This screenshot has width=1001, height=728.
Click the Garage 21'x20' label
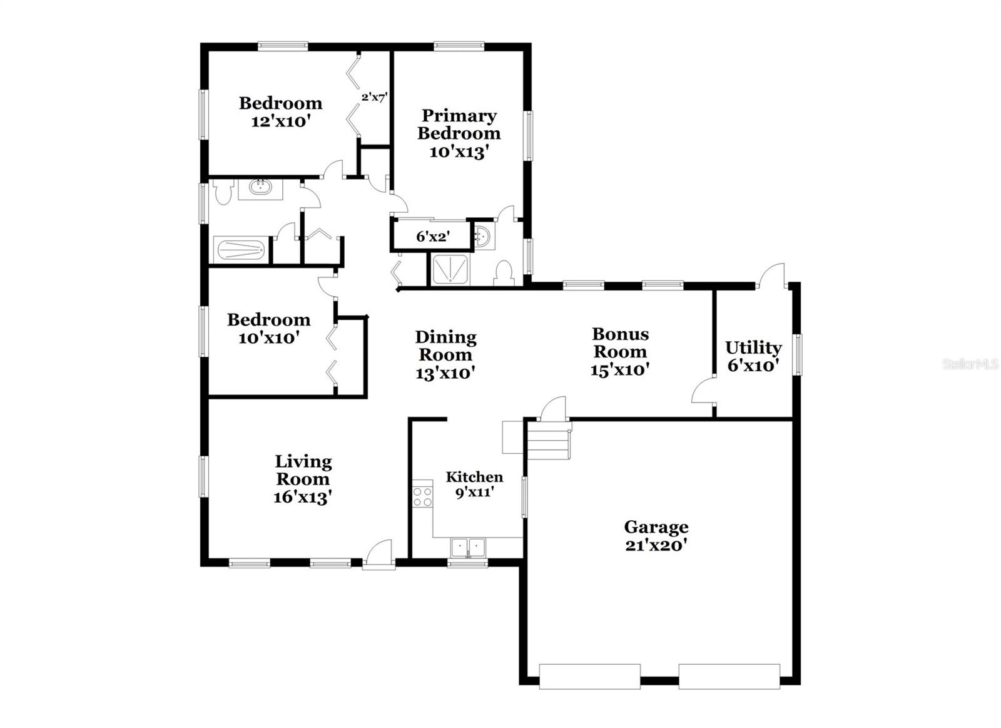656,536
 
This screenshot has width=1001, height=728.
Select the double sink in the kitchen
468,547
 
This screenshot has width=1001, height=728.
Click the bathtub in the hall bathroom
240,250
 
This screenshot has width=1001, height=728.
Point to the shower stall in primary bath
450,270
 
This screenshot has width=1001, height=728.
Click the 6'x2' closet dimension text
433,237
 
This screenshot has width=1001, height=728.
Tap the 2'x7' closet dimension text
374,97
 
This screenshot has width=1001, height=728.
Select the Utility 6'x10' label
753,356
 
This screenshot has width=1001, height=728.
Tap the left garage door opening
589,677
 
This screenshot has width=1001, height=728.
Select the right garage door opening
729,677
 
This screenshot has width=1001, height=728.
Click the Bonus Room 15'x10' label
620,351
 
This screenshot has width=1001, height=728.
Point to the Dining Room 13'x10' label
445,355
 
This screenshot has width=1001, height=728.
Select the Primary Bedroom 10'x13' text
459,133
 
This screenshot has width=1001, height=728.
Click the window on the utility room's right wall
798,355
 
